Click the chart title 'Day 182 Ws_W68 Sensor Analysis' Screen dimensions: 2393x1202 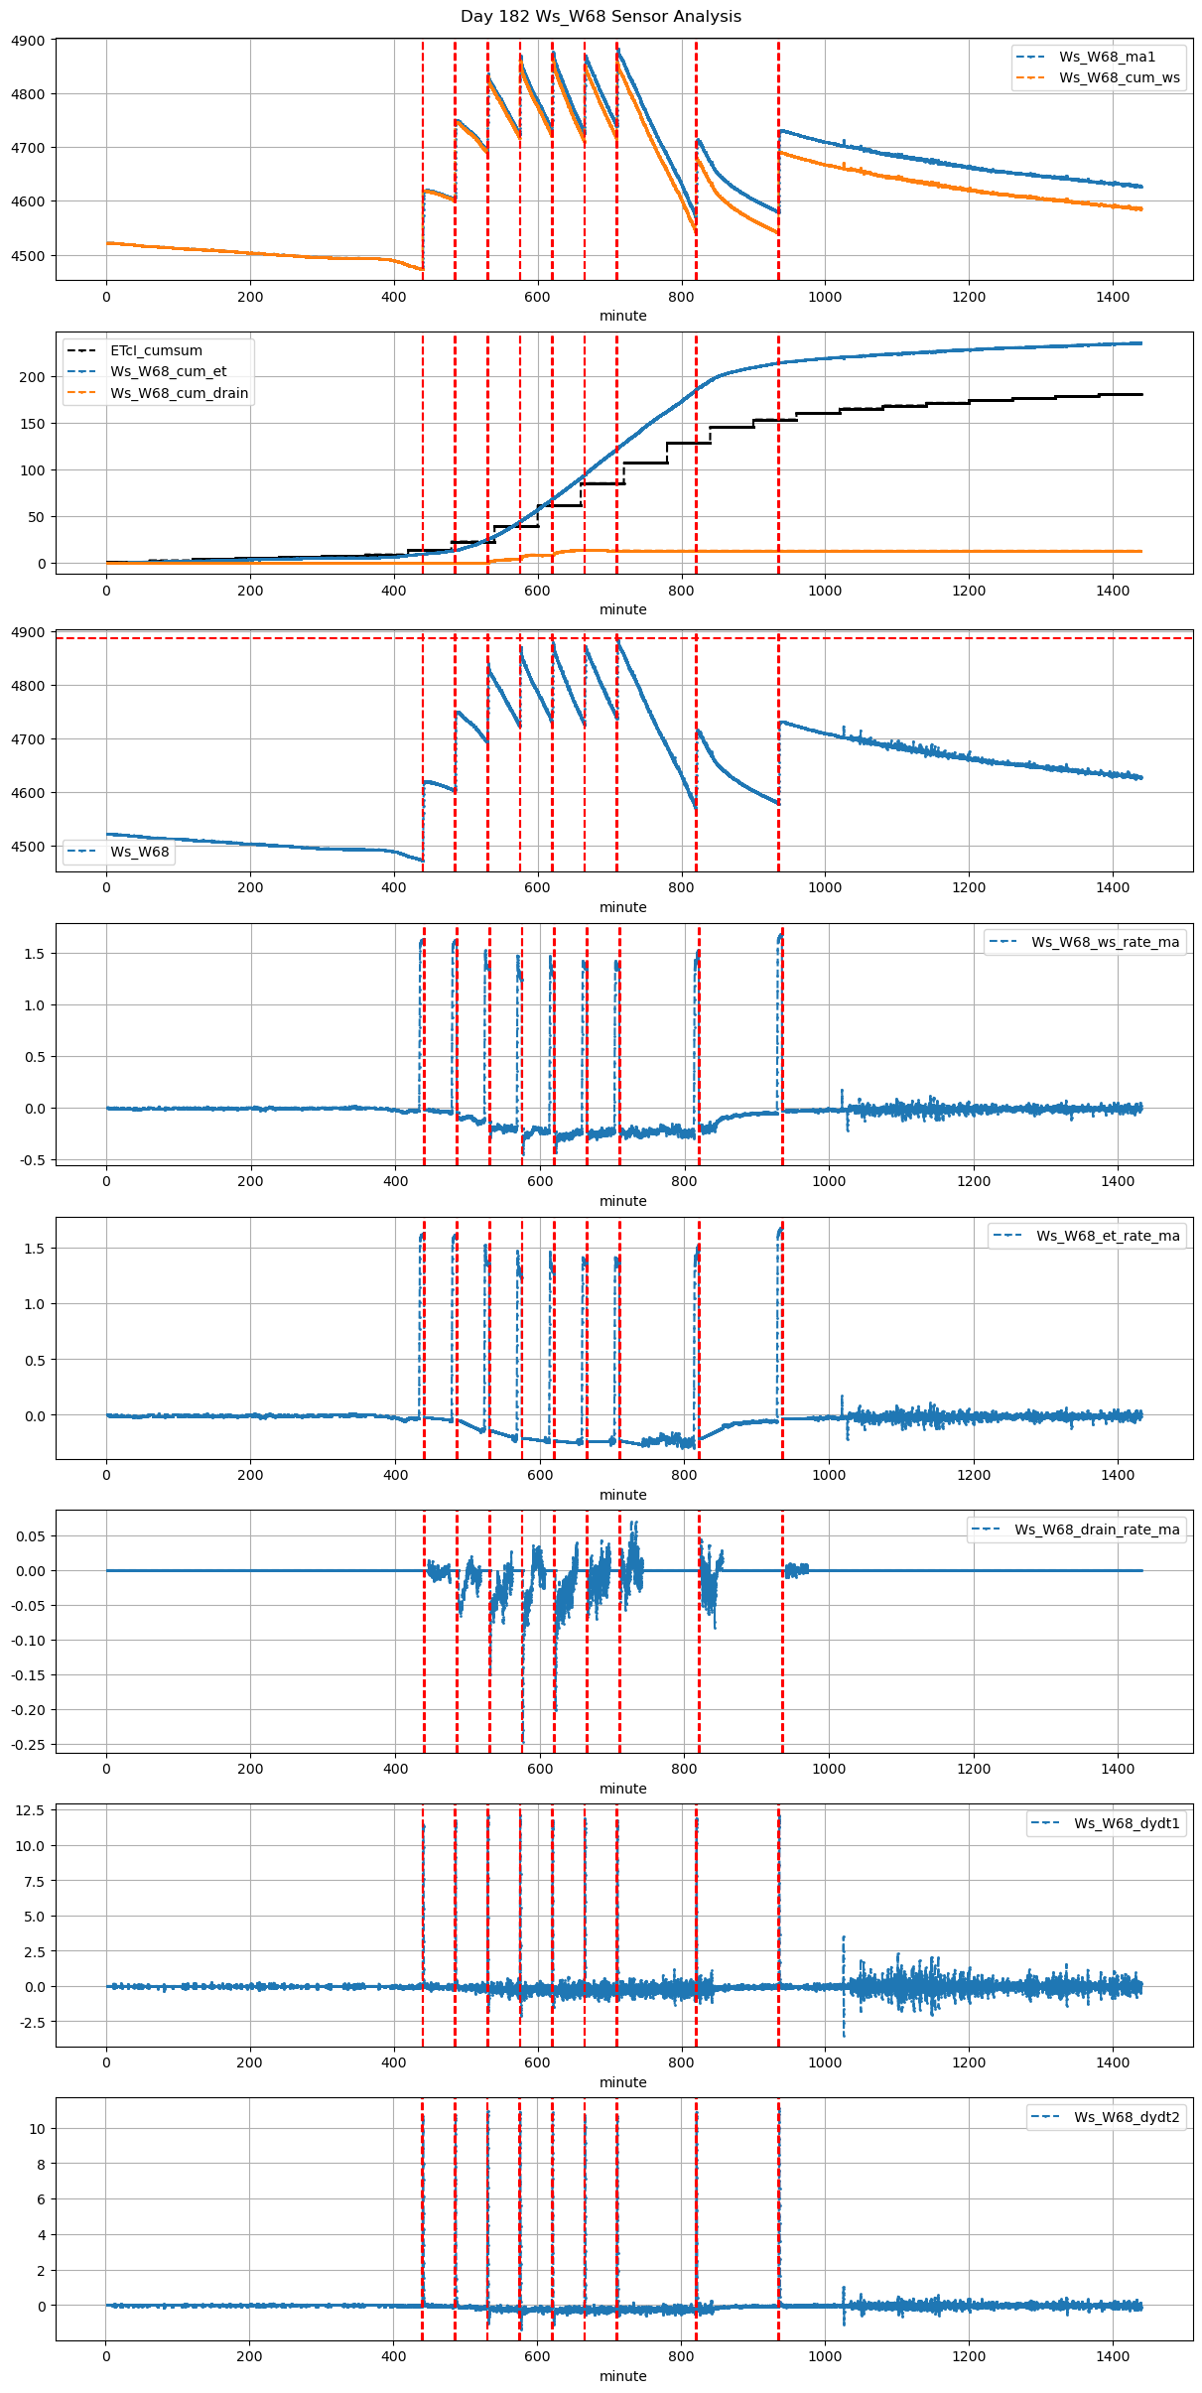pos(601,17)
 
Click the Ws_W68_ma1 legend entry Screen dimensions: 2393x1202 pos(1107,57)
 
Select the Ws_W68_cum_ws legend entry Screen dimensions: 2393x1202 pos(1119,77)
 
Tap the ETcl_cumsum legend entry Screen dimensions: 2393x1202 pos(156,350)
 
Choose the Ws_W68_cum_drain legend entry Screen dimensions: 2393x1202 pos(179,393)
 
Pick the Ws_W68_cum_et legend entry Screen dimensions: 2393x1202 pos(168,371)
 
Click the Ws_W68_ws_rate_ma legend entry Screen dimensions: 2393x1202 pos(1105,942)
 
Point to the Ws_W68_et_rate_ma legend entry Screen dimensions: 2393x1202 pos(1108,1236)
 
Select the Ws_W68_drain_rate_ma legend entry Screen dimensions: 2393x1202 pos(1097,1529)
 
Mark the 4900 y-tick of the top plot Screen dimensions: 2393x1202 pos(29,41)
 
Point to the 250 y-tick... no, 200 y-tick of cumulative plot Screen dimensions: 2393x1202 pos(33,377)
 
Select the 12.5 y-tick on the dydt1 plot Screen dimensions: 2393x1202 pos(29,1810)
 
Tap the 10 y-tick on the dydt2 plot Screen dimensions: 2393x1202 pos(38,2129)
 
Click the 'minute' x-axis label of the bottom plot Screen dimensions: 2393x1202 pos(622,2376)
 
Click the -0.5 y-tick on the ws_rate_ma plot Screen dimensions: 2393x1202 pos(33,1160)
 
